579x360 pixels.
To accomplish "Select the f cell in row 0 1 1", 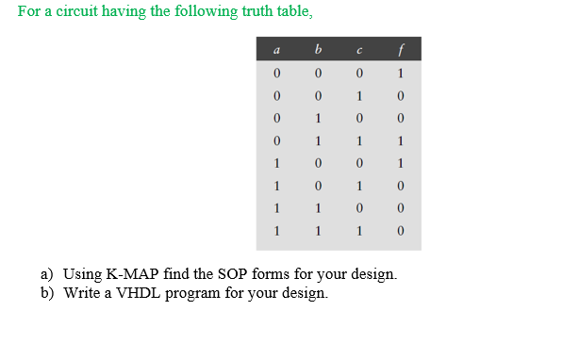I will point(401,142).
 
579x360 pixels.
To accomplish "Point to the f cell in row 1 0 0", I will point(401,164).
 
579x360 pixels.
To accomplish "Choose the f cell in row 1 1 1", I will point(401,231).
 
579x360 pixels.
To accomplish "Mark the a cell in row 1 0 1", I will point(274,187).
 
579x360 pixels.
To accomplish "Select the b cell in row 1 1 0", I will point(318,209).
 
